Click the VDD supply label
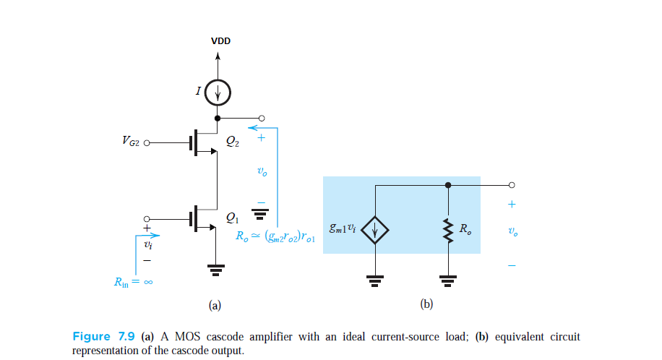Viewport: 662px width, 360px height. tap(220, 41)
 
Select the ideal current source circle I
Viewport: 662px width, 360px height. tap(218, 92)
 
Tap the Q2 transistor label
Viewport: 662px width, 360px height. tap(233, 143)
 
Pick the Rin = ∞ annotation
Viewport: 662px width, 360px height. tap(132, 283)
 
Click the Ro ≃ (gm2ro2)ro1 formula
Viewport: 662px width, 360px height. tap(275, 236)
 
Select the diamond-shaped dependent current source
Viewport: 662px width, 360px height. tap(376, 231)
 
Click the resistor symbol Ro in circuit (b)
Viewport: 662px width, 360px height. tap(448, 231)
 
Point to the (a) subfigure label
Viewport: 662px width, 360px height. tap(215, 305)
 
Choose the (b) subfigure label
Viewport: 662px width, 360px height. tap(426, 305)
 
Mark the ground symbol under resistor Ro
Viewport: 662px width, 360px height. tap(448, 279)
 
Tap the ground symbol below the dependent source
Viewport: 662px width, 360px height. tap(376, 279)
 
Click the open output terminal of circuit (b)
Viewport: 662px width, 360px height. tap(512, 184)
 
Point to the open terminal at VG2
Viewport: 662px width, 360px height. tap(147, 142)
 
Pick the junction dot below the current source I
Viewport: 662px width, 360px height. tap(218, 118)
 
